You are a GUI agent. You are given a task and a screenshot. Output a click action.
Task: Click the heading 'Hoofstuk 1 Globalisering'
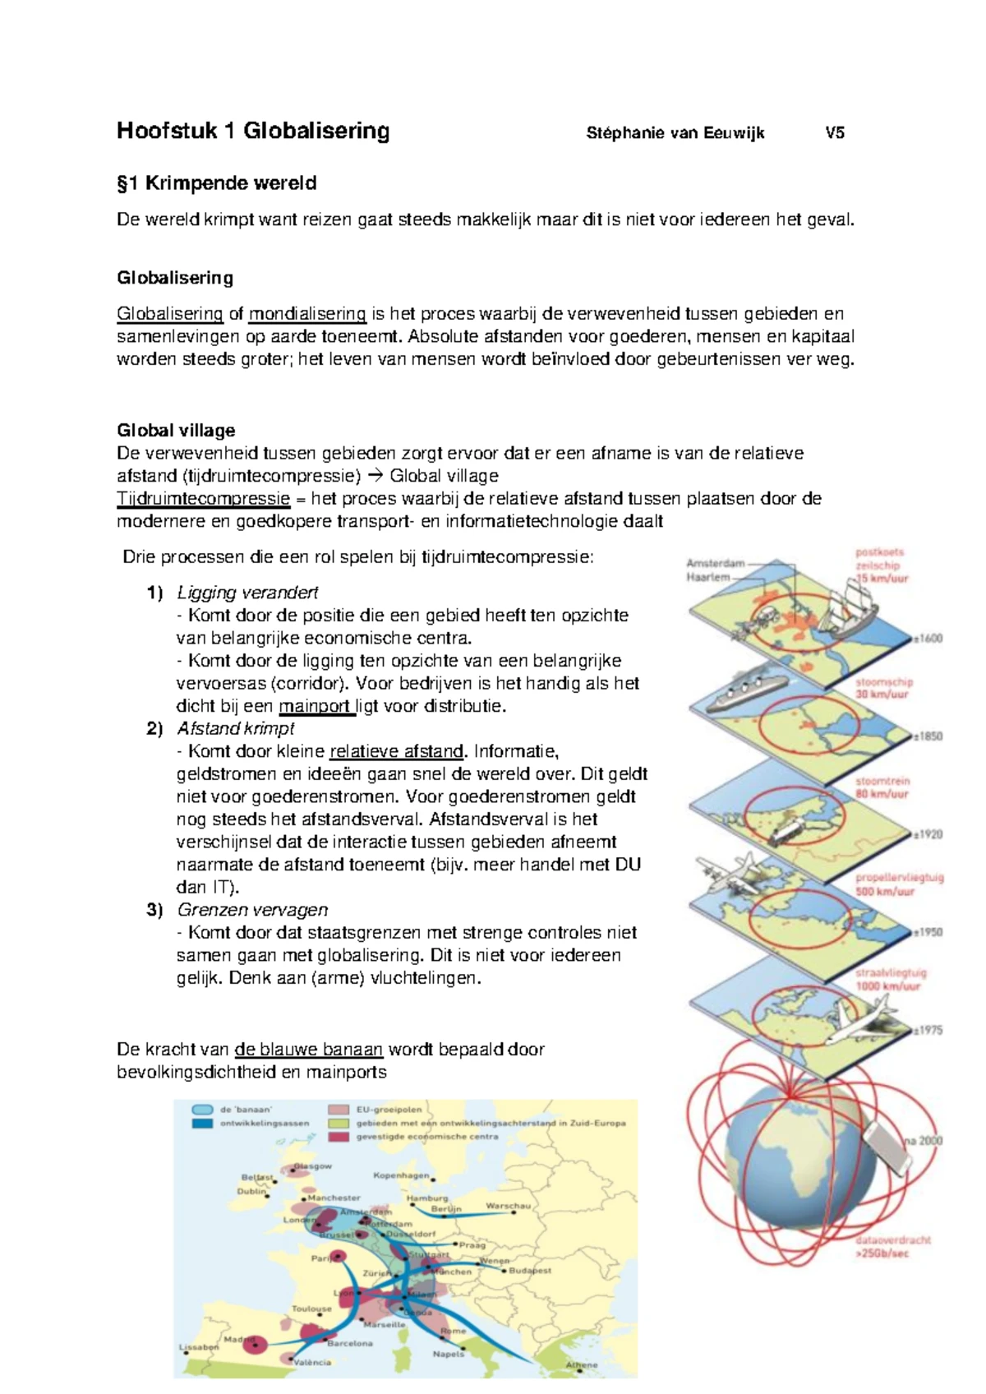(252, 131)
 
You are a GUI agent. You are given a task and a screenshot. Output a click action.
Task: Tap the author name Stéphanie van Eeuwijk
(675, 133)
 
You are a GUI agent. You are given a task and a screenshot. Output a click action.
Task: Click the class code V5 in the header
(835, 133)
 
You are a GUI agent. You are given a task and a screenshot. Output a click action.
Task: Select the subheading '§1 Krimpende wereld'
(216, 183)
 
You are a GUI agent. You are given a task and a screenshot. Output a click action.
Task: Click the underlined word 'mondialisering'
(307, 314)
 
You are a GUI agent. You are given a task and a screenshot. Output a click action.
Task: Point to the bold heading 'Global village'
(176, 431)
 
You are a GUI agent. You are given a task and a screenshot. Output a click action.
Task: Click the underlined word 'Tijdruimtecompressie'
(203, 499)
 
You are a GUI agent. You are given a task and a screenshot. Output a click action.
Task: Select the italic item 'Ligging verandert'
(247, 593)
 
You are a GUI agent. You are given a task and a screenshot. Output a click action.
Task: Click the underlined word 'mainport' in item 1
(316, 706)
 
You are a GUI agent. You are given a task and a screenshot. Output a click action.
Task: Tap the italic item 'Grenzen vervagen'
(252, 910)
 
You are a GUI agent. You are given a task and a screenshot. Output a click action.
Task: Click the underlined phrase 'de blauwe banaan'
(309, 1050)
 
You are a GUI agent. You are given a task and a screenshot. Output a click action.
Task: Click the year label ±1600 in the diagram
(928, 639)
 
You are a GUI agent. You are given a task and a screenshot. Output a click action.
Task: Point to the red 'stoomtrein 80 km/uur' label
(882, 787)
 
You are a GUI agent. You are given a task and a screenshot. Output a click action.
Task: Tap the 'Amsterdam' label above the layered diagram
(715, 564)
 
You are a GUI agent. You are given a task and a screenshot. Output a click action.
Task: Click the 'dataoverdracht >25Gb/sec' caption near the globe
(892, 1246)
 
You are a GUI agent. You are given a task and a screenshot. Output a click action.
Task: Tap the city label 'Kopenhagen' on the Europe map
(401, 1175)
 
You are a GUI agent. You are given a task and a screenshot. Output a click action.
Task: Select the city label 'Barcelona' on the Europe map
(350, 1343)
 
